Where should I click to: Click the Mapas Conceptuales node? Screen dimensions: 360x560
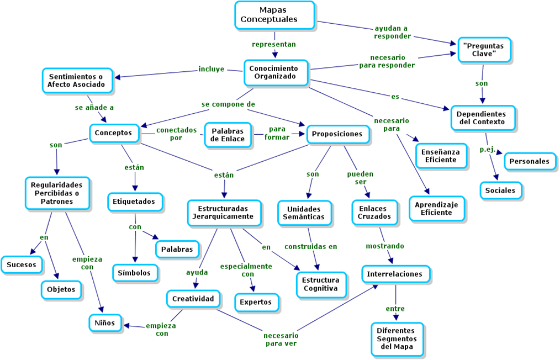pyautogui.click(x=274, y=15)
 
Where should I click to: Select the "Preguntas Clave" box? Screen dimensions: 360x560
pyautogui.click(x=484, y=50)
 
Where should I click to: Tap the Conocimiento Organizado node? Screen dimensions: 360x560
pyautogui.click(x=273, y=72)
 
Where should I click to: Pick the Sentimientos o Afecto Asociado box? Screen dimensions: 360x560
pyautogui.click(x=76, y=80)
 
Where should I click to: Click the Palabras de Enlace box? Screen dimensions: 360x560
pyautogui.click(x=228, y=135)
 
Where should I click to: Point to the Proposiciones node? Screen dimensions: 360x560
pyautogui.click(x=337, y=134)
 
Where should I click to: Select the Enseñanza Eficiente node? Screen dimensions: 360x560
pyautogui.click(x=441, y=155)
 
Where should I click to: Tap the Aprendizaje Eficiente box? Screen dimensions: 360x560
pyautogui.click(x=436, y=208)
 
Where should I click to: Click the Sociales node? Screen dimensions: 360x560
pyautogui.click(x=500, y=190)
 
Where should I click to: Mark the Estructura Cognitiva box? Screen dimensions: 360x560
pyautogui.click(x=320, y=284)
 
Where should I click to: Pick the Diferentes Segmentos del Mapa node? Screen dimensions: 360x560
pyautogui.click(x=396, y=338)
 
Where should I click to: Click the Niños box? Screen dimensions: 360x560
pyautogui.click(x=104, y=322)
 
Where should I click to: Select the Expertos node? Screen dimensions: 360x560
pyautogui.click(x=255, y=302)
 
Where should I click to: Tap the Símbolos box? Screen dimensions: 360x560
pyautogui.click(x=135, y=273)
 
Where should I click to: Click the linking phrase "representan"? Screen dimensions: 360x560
pyautogui.click(x=274, y=44)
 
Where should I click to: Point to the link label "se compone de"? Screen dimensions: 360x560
pyautogui.click(x=228, y=104)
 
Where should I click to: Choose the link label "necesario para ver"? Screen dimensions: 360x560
pyautogui.click(x=281, y=339)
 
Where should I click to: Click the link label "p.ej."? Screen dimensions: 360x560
pyautogui.click(x=487, y=149)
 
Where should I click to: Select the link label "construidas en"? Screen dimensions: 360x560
pyautogui.click(x=310, y=246)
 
